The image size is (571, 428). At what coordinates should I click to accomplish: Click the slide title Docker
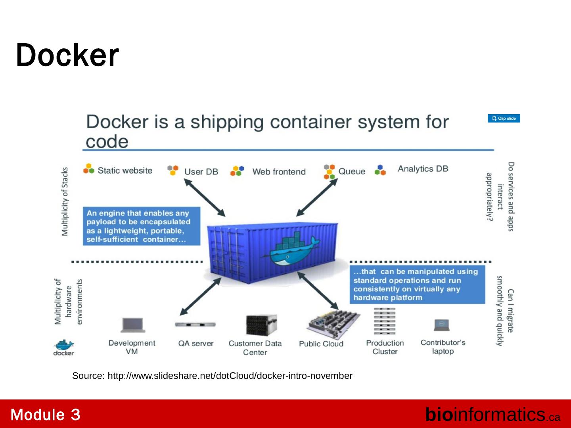click(67, 55)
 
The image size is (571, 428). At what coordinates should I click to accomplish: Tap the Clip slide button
click(504, 118)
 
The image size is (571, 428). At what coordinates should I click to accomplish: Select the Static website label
click(125, 170)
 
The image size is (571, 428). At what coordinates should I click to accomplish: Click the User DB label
click(201, 172)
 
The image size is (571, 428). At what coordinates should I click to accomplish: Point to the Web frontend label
click(279, 172)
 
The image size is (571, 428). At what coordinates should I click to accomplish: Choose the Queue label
click(352, 171)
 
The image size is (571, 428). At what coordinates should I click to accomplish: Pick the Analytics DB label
click(423, 169)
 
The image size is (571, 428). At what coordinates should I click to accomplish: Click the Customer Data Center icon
click(261, 325)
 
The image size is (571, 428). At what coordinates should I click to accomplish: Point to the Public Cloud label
click(321, 344)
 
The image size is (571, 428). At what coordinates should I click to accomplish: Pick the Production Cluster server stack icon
click(384, 322)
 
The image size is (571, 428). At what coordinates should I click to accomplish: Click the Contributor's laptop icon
click(441, 325)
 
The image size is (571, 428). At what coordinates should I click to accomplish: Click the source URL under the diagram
click(212, 376)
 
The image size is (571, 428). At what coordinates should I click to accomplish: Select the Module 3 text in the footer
click(46, 415)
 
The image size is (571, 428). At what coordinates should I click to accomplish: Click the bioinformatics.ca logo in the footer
click(492, 415)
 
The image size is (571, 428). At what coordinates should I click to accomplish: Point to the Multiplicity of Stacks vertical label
click(65, 201)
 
